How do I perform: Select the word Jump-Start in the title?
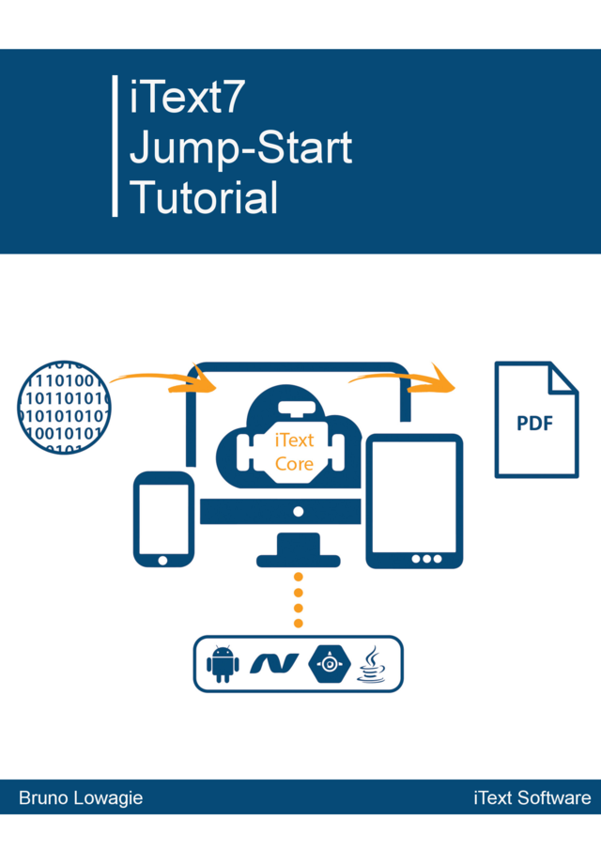click(241, 147)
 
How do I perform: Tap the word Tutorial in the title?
click(204, 197)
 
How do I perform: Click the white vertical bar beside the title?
click(115, 146)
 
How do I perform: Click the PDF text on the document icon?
click(535, 423)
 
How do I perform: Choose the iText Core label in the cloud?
click(294, 452)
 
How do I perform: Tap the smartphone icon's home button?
click(163, 560)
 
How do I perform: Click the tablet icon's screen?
click(414, 498)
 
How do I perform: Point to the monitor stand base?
click(299, 561)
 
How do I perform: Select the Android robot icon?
click(223, 664)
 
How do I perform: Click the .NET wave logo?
click(274, 664)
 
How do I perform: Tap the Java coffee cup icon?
click(373, 664)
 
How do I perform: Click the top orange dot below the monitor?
click(299, 577)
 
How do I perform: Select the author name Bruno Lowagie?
click(81, 798)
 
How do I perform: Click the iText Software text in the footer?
click(532, 798)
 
